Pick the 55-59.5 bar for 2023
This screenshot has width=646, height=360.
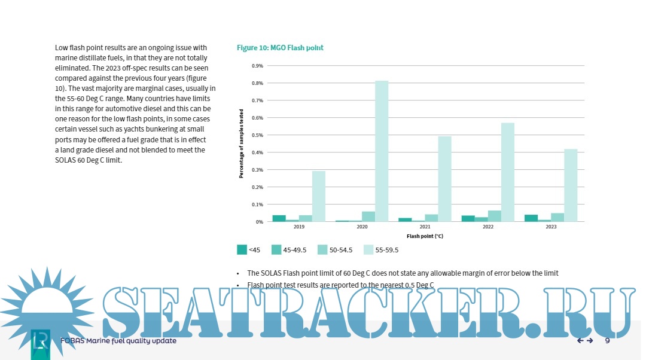click(571, 185)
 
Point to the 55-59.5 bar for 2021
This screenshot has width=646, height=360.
click(444, 179)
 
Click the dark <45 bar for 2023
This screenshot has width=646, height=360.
click(531, 218)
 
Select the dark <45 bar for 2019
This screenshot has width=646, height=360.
click(279, 218)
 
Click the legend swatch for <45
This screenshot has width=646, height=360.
click(242, 250)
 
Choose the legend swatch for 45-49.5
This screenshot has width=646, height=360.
click(277, 250)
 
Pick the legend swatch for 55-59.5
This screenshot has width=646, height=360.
click(368, 250)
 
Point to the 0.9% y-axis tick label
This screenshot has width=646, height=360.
click(258, 66)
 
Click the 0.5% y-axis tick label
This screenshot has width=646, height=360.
click(258, 135)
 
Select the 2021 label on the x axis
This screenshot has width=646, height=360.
click(425, 227)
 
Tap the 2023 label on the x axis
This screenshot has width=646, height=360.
click(551, 227)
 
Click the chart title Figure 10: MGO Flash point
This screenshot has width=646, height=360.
click(280, 47)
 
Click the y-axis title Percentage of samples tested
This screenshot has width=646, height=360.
click(242, 144)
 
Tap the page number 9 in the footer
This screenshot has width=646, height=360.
click(607, 341)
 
